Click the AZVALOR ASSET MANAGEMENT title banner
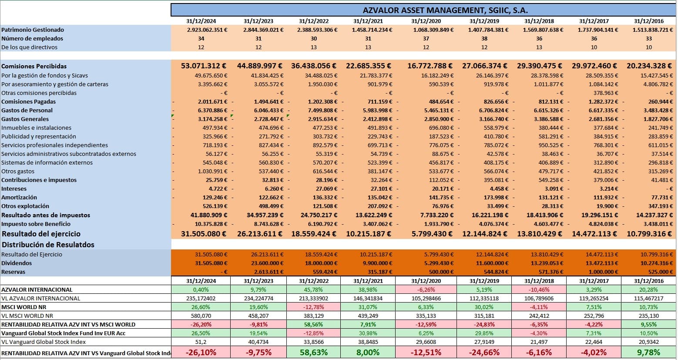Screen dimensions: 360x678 445,10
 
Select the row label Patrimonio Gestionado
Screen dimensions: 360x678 33,30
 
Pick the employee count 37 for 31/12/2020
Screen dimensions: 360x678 426,38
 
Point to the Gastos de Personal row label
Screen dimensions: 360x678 27,110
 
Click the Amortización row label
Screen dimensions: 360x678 19,197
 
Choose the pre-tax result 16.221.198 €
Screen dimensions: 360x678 484,215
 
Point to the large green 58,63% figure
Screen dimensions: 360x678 313,352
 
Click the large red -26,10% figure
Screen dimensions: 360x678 201,352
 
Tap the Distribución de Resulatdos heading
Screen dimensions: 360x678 48,245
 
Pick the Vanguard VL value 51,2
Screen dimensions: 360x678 201,342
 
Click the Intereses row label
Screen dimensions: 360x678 14,188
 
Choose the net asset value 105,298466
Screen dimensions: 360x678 426,298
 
